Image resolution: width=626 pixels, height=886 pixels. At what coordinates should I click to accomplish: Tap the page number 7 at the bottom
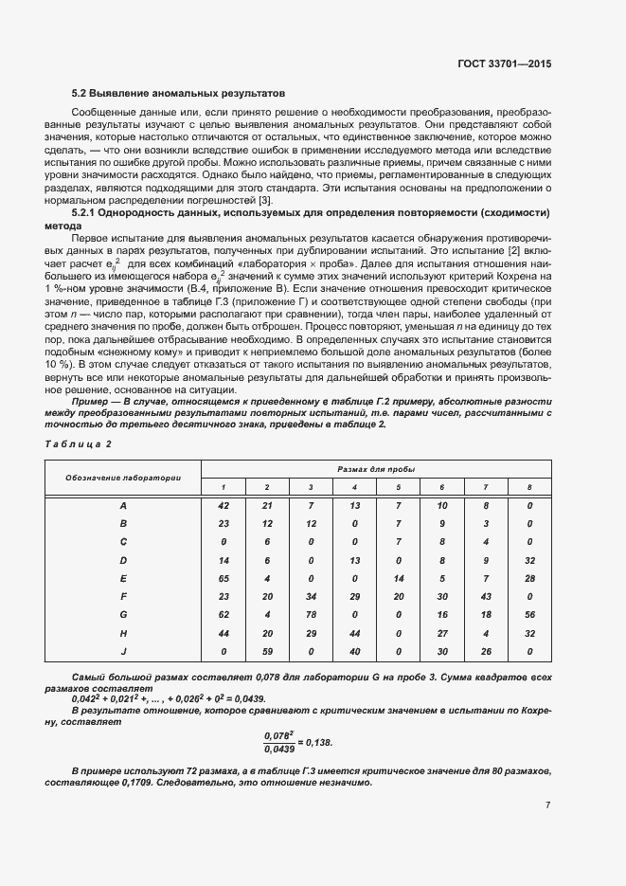547,805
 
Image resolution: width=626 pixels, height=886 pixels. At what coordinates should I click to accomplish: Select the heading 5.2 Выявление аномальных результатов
179,94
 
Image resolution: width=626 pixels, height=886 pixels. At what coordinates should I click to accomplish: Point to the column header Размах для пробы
376,469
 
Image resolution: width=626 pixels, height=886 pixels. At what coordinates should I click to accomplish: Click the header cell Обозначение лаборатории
123,477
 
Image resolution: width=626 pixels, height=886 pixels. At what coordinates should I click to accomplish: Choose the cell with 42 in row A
224,506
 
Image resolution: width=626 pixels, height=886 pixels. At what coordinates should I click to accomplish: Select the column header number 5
398,487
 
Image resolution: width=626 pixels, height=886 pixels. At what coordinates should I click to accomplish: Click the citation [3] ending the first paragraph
266,199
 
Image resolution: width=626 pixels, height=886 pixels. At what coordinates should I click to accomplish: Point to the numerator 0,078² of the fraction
278,735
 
